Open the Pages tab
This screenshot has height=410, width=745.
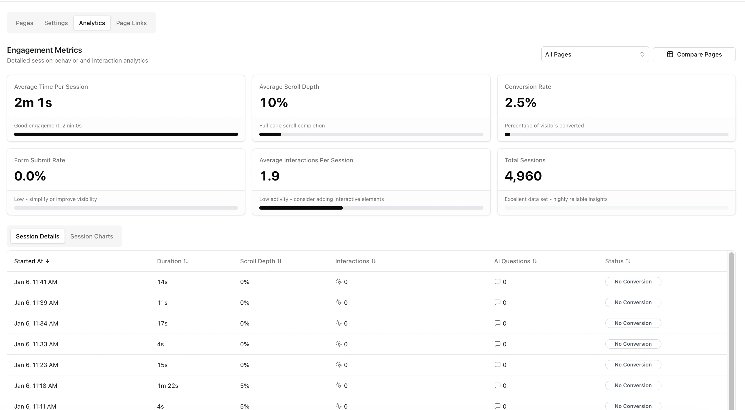click(x=24, y=23)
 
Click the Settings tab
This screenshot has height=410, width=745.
click(x=56, y=23)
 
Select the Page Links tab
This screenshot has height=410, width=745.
click(x=131, y=23)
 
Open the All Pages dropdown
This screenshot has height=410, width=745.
click(x=595, y=54)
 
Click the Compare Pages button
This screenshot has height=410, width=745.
click(x=694, y=54)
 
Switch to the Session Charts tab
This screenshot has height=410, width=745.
click(x=92, y=236)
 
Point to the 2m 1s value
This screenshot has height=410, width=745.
click(x=33, y=102)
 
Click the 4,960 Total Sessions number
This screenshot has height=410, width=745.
click(x=523, y=176)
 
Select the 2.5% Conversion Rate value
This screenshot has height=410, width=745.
click(x=520, y=102)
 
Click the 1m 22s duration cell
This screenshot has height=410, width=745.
click(x=167, y=386)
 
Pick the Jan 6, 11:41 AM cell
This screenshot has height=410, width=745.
click(x=35, y=282)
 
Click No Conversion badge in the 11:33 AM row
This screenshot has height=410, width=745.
click(x=633, y=344)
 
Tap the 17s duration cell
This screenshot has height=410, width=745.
click(x=162, y=323)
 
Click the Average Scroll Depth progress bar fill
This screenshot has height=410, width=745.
click(x=270, y=134)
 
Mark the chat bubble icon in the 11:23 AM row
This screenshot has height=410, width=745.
click(x=497, y=364)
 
